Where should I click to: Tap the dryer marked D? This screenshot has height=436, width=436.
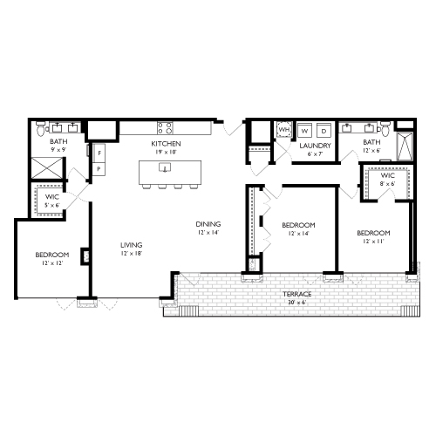click(322, 131)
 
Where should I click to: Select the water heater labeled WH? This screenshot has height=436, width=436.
click(284, 131)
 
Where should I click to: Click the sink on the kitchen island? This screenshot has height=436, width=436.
click(165, 167)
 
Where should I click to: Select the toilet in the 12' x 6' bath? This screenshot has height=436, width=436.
click(346, 131)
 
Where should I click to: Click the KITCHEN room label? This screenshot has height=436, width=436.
click(165, 142)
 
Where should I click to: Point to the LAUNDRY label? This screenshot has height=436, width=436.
click(312, 146)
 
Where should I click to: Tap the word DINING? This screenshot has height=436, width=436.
click(208, 223)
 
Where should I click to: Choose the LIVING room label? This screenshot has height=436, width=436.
click(132, 245)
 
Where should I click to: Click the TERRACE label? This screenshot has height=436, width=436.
click(297, 295)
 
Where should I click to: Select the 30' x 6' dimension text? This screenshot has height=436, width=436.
click(297, 303)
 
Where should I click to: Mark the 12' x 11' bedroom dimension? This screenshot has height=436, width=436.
click(372, 242)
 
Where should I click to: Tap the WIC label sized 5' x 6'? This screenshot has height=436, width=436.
click(51, 198)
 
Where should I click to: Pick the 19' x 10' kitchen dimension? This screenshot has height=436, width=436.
click(165, 151)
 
